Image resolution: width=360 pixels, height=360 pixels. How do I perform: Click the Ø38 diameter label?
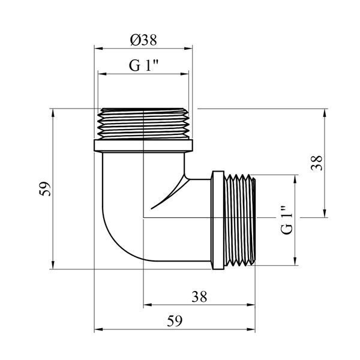(x=143, y=40)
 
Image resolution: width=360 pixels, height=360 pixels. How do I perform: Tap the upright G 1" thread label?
(x=144, y=65)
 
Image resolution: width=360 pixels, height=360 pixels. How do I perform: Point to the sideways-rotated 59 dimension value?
(x=45, y=189)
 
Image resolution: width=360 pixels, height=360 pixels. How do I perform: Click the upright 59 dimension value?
(x=175, y=321)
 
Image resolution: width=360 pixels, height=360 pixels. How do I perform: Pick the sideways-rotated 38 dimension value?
(x=317, y=163)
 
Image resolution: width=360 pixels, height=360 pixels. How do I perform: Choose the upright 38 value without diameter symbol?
(x=199, y=296)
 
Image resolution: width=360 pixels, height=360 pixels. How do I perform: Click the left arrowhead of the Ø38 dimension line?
(x=98, y=49)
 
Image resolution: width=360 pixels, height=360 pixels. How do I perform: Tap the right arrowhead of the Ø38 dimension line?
(x=188, y=49)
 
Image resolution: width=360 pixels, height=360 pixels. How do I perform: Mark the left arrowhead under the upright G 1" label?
(x=102, y=74)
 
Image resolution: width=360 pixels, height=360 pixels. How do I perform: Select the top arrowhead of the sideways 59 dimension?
(x=53, y=113)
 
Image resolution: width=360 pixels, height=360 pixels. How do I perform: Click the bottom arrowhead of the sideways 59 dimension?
(x=53, y=265)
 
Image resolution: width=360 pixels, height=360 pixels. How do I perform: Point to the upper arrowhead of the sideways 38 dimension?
(x=325, y=113)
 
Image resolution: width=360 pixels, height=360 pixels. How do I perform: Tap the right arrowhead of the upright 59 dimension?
(x=251, y=329)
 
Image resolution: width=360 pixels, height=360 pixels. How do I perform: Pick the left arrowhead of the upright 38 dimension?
(x=148, y=305)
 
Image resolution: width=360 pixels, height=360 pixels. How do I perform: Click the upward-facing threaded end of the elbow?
(x=143, y=124)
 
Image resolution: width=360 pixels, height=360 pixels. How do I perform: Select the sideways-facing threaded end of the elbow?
(x=239, y=220)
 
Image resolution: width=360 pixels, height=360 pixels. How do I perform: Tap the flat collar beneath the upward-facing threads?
(x=143, y=146)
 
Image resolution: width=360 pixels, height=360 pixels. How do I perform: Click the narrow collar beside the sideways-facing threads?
(x=217, y=220)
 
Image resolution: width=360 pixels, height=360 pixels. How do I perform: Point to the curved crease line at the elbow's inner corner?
(x=170, y=193)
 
